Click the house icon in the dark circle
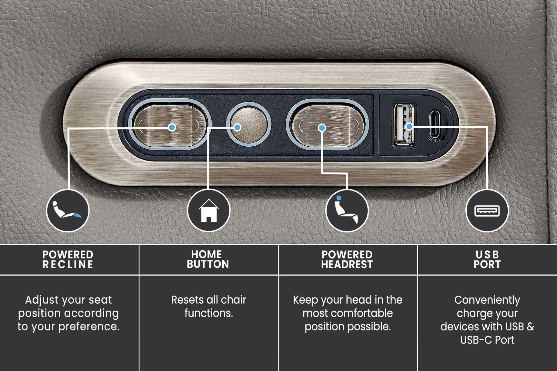pos(208,210)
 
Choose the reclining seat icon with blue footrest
pos(67,210)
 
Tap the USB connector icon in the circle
pos(487,211)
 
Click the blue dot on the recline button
pos(172,127)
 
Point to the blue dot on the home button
pos(237,127)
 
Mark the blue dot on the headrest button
pos(322,128)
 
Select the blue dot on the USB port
pos(409,127)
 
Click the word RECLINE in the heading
pos(68,265)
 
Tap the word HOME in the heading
pos(207,254)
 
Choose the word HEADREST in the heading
pos(347,265)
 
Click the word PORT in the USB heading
pos(487,265)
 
